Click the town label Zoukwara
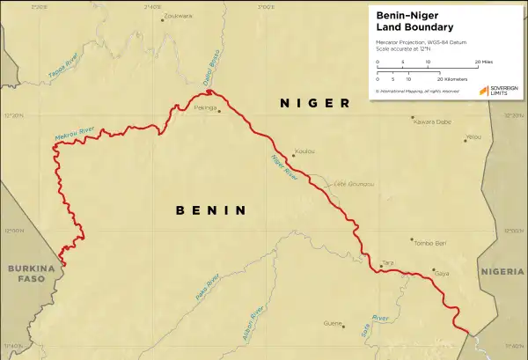point(179,15)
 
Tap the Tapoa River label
point(63,68)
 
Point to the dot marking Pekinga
point(219,112)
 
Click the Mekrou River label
point(74,135)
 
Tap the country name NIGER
point(314,103)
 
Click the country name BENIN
point(209,210)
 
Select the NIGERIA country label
point(504,272)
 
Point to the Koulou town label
point(304,151)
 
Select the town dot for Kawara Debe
point(413,114)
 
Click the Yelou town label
point(473,137)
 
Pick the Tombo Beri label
point(430,242)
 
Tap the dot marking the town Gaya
point(433,270)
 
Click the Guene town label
point(332,323)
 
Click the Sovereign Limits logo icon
point(484,91)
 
